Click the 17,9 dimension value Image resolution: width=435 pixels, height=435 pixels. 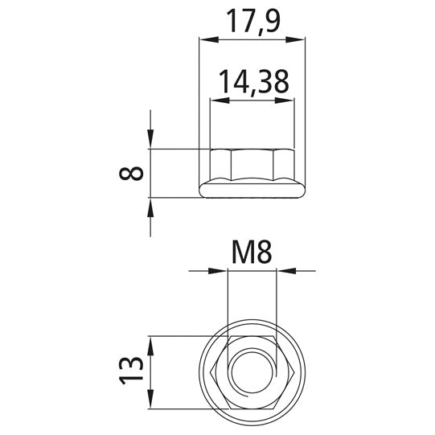tap(253, 22)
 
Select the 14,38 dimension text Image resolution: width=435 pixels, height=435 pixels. tap(254, 82)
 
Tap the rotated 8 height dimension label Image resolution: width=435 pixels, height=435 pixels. tap(131, 173)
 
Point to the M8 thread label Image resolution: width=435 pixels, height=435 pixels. tap(252, 252)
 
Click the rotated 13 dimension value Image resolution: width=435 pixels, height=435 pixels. tap(131, 371)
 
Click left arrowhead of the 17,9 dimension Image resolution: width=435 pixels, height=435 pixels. tap(209, 39)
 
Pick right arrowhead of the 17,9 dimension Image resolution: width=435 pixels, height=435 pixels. tap(295, 39)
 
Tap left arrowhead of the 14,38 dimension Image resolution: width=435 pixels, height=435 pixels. tap(220, 101)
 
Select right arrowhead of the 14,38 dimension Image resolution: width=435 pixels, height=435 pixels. tap(285, 101)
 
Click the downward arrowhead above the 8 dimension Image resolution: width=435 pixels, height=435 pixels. tap(150, 139)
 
